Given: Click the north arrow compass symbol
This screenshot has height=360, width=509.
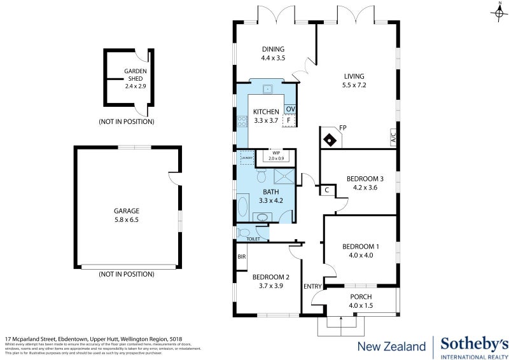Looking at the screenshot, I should pos(496,11).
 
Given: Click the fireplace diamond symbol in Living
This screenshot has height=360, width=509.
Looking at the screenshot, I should pos(330,139).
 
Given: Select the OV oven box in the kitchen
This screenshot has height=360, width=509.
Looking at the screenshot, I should pos(289,109).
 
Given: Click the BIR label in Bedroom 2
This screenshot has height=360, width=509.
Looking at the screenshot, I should pos(241,257).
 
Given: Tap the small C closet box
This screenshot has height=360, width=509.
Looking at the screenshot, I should pos(326,190).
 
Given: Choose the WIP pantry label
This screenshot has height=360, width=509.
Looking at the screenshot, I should pos(276,153).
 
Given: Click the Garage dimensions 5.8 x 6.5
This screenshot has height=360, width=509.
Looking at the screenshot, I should pos(127,219).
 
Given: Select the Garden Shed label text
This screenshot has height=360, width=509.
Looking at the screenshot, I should pos(136,75).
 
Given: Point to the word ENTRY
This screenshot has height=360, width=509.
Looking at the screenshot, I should pos(313,287).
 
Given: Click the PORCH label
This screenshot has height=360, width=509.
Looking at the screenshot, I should pos(361,297).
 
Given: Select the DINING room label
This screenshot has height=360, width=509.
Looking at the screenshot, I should pos(273,49).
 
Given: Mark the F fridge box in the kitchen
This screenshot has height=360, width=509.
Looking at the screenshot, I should pos(289,120).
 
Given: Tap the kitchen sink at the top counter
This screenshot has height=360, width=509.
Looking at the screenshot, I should pos(268,88).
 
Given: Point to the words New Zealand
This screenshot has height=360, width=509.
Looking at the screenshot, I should pos(391,347).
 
